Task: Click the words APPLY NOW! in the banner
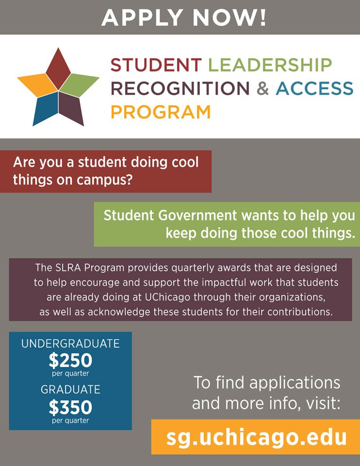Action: (x=184, y=17)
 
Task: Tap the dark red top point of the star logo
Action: (x=58, y=68)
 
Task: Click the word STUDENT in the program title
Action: (x=156, y=65)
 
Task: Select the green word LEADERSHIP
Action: (x=270, y=65)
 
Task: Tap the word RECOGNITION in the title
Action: (x=180, y=88)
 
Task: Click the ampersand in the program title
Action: (x=262, y=88)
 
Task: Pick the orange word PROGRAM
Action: (x=161, y=112)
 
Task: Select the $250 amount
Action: (x=70, y=360)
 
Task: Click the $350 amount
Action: (x=70, y=406)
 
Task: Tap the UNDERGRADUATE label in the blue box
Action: (x=70, y=344)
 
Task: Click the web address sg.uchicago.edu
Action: (x=257, y=437)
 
